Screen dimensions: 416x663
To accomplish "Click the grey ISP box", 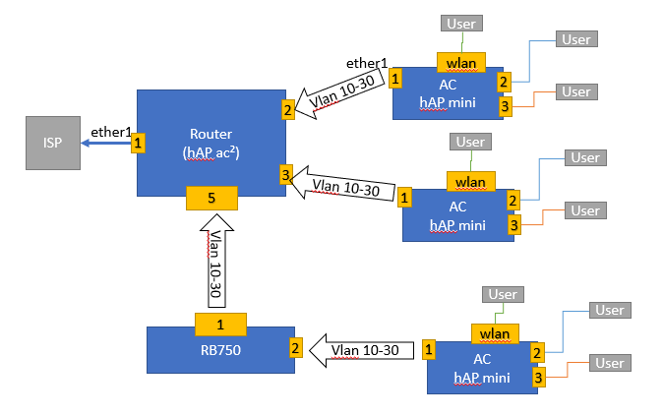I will pyautogui.click(x=53, y=144).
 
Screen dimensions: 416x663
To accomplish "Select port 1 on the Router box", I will pyautogui.click(x=139, y=143).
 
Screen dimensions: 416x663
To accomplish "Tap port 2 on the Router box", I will pyautogui.click(x=288, y=109).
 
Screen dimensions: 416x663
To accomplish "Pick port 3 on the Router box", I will pyautogui.click(x=286, y=176).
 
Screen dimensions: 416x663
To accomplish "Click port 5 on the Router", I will pyautogui.click(x=211, y=198).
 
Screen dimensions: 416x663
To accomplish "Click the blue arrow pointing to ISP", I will pyautogui.click(x=105, y=144).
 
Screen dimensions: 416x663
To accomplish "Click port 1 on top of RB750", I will pyautogui.click(x=220, y=323).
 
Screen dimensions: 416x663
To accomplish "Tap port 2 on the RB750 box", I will pyautogui.click(x=295, y=347).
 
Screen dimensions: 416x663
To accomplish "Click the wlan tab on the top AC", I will pyautogui.click(x=460, y=64).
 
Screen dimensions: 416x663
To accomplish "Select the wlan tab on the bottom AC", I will pyautogui.click(x=495, y=333).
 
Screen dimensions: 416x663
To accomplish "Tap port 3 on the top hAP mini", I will pyautogui.click(x=505, y=106).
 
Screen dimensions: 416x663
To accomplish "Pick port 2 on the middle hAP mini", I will pyautogui.click(x=513, y=200).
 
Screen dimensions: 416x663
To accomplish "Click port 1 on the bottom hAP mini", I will pyautogui.click(x=429, y=348).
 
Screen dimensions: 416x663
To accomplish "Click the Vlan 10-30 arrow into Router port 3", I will pyautogui.click(x=344, y=187).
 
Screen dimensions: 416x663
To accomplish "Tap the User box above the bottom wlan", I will pyautogui.click(x=503, y=294).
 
